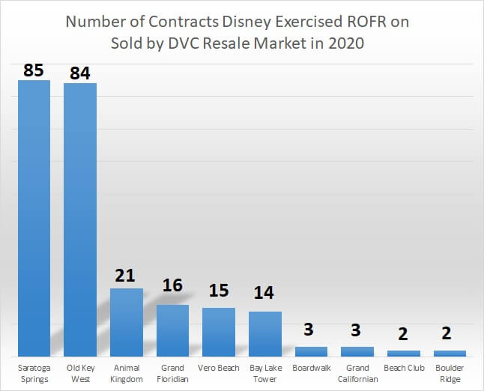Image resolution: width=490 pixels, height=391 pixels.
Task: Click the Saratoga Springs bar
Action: coord(34,217)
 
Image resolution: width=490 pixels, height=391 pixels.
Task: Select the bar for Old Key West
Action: coord(80,219)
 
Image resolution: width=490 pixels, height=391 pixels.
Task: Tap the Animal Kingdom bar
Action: coord(127,321)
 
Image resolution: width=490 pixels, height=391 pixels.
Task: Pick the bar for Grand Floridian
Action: coord(172,330)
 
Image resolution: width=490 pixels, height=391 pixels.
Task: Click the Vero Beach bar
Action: coord(219,331)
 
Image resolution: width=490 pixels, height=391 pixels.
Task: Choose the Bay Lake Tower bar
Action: coord(265,333)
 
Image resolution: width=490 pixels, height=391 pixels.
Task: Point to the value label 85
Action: coord(34,70)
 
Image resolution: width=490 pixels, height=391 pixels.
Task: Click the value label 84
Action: coord(80,73)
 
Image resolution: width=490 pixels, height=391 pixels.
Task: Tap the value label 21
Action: coord(126,276)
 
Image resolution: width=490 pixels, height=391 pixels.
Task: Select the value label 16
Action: coord(172,286)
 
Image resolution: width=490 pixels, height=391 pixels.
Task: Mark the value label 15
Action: coord(219,290)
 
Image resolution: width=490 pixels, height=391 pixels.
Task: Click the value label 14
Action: coord(265,292)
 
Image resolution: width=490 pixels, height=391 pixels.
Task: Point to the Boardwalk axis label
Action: coord(311,368)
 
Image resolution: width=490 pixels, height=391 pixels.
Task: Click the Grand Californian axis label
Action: coord(357,373)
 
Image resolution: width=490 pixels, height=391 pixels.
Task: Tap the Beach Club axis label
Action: coord(404,368)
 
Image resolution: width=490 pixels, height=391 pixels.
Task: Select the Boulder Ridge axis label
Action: coord(450,373)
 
